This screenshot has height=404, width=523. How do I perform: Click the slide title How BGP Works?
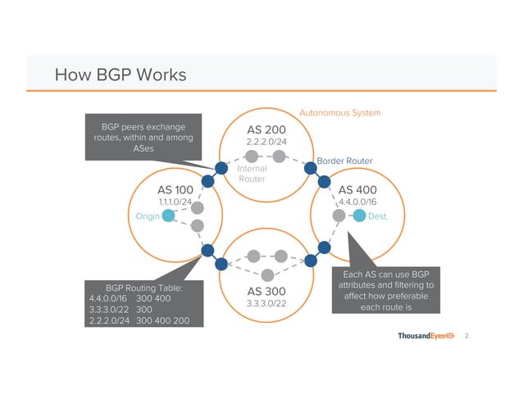point(120,76)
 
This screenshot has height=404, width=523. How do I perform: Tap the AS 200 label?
point(267,129)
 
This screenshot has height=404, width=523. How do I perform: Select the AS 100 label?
point(175,189)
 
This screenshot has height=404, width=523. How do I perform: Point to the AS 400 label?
point(358,189)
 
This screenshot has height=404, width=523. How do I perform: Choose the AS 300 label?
point(267,291)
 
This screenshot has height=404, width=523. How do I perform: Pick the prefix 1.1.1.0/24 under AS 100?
point(175,202)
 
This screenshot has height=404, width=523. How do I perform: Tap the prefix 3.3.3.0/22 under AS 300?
point(267,304)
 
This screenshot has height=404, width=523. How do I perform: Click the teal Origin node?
point(168,216)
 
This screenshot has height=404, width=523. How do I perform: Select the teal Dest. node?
point(359,216)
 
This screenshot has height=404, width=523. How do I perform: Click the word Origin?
point(147,216)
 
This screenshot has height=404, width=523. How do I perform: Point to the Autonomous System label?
point(339,111)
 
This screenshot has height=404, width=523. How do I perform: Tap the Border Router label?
point(344,161)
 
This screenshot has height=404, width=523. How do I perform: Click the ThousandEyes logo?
point(426,337)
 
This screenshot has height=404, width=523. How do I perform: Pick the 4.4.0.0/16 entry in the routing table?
point(108,298)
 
